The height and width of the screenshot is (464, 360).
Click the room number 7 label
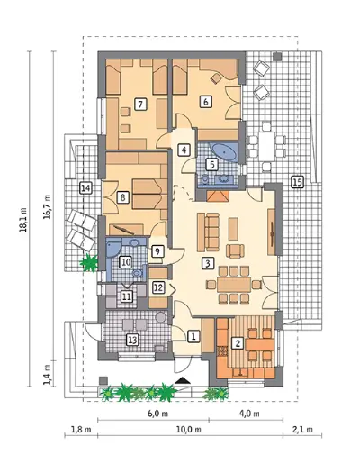[140, 105]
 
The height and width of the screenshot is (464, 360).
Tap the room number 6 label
[206, 102]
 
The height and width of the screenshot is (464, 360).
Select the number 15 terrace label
[297, 182]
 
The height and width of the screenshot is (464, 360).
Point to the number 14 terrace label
[85, 188]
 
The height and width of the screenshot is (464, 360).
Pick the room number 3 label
[208, 263]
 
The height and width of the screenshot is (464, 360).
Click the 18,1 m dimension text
[24, 220]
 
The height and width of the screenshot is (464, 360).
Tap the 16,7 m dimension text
[48, 207]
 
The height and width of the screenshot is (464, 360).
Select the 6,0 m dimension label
[157, 414]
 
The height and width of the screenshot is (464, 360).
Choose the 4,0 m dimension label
[249, 414]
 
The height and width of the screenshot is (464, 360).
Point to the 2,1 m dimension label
[302, 430]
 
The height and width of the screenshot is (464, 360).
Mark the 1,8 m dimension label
[81, 430]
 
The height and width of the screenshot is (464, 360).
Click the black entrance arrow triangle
[183, 380]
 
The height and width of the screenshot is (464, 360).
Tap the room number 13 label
[133, 341]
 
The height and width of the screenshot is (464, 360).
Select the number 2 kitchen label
[238, 343]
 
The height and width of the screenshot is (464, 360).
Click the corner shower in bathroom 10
[113, 248]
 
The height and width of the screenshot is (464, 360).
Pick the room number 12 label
[158, 287]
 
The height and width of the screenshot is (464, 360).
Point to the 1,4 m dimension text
[48, 374]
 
